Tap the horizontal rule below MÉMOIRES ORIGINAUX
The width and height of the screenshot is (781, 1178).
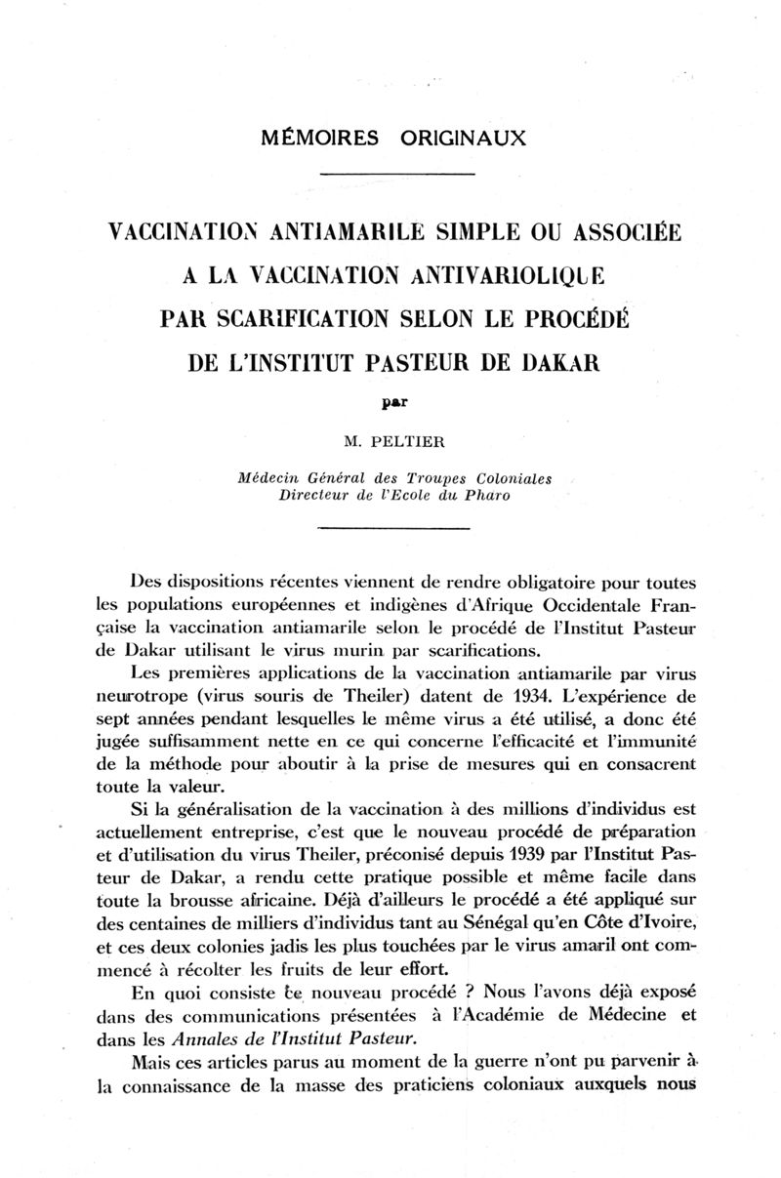396,175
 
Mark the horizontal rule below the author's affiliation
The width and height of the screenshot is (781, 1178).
396,528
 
